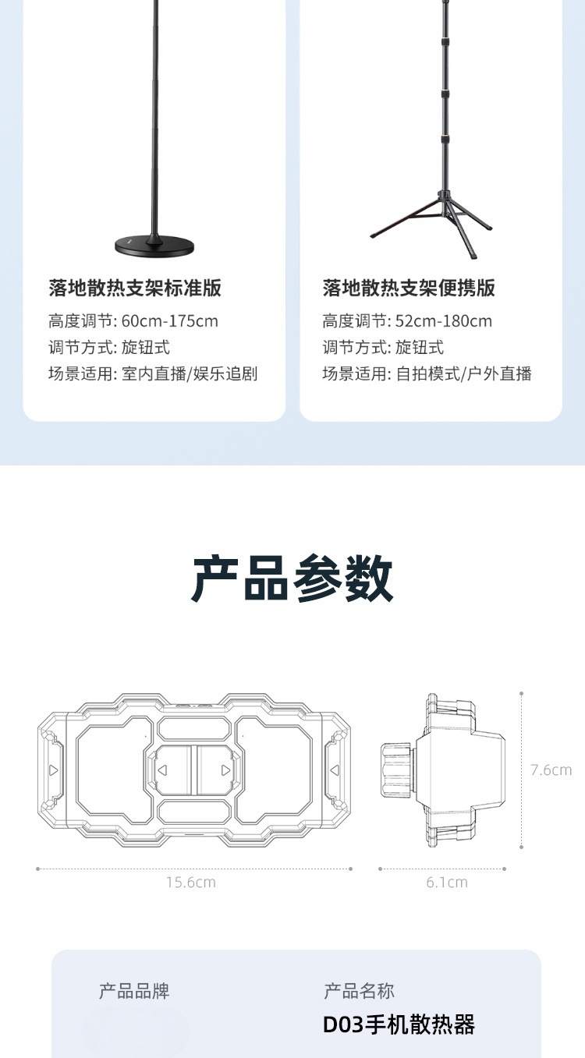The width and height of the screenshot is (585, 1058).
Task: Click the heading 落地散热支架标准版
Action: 135,288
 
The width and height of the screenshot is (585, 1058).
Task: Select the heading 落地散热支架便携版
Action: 409,288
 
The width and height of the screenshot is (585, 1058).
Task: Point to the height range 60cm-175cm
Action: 169,321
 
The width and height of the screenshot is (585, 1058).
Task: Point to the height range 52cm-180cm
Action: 444,321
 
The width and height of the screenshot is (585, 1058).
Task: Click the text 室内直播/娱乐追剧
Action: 190,373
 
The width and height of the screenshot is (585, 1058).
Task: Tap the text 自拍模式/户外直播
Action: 463,373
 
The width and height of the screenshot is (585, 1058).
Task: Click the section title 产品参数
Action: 292,579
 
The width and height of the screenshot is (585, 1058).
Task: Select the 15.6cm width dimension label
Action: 191,882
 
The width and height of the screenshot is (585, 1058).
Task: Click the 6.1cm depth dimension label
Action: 447,882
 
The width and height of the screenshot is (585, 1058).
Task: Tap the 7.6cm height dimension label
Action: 551,770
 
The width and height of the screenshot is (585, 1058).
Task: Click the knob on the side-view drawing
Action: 398,770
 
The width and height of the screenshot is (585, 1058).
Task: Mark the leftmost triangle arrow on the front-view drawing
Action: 53,770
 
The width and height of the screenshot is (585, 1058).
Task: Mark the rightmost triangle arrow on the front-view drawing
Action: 335,770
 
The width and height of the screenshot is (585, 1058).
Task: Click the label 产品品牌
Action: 134,991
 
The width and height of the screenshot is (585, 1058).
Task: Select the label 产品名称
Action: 359,991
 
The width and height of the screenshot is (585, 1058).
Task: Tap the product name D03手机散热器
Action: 399,1024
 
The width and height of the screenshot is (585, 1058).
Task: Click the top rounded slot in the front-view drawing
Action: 193,728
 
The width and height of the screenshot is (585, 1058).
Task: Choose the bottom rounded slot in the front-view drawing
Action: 193,812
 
